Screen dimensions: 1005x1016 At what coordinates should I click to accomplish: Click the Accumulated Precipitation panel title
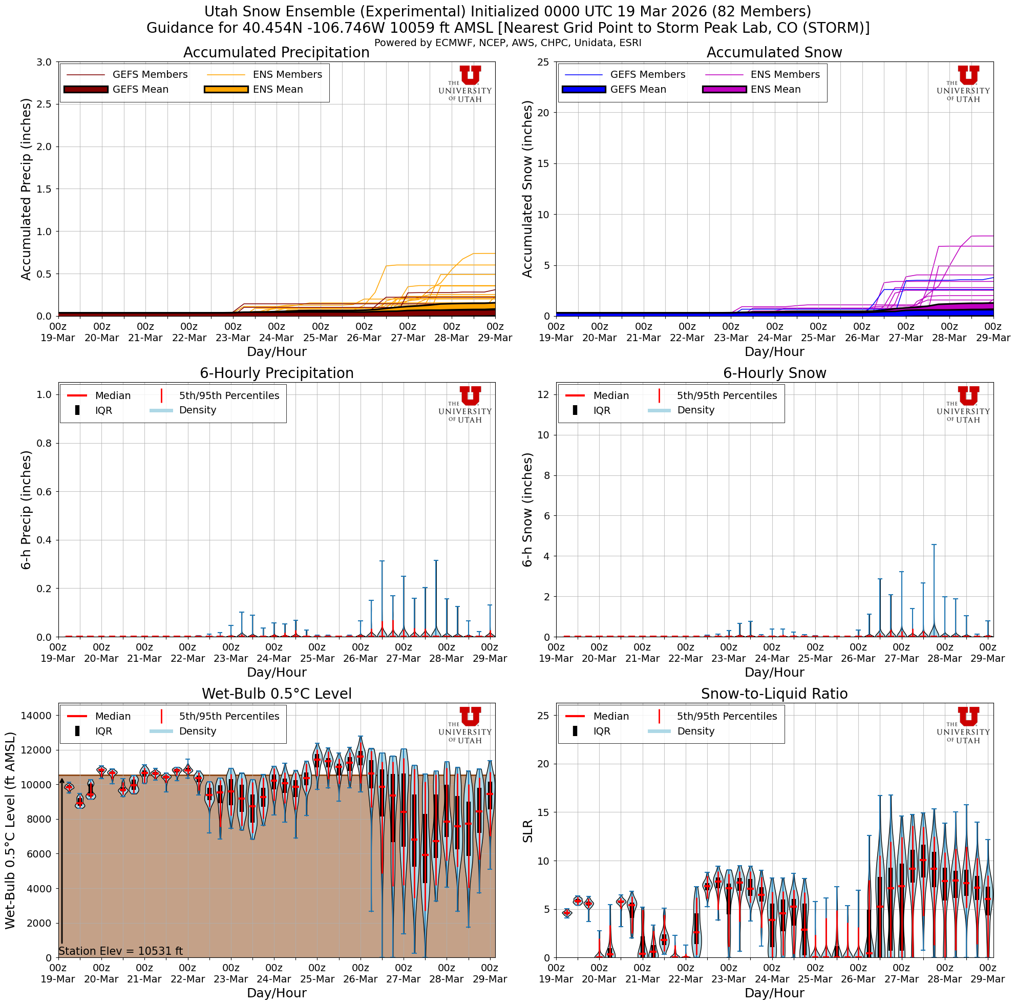coord(276,53)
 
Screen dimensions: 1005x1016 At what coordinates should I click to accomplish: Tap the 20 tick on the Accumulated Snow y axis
coord(543,113)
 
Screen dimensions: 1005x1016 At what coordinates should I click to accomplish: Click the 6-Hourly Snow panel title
coord(774,373)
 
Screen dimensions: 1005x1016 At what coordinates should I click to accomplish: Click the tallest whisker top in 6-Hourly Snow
coord(934,545)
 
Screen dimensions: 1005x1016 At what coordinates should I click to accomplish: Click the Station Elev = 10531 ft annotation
coord(120,951)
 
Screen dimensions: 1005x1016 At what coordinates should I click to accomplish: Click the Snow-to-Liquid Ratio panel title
coord(774,694)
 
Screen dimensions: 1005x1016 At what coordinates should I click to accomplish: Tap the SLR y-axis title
coord(528,831)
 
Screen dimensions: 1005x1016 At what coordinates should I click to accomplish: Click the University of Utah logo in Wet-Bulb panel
coord(465,725)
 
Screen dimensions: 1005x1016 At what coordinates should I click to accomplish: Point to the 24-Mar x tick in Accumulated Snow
coord(775,333)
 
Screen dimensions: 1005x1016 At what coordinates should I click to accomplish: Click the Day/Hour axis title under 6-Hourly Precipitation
coord(276,672)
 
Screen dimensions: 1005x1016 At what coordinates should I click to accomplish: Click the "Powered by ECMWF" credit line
coord(507,43)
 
